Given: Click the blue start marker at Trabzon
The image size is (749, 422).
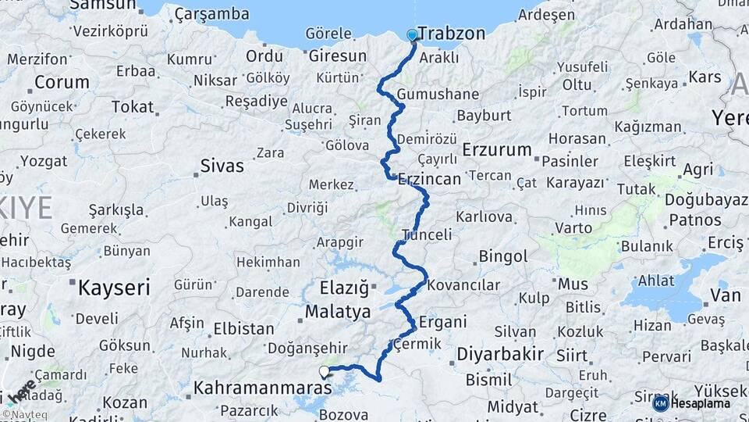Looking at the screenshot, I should [412, 35].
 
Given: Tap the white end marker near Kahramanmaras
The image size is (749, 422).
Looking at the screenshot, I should [324, 371].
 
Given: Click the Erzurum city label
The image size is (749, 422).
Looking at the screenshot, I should [496, 149].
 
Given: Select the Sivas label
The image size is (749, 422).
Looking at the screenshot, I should [222, 166].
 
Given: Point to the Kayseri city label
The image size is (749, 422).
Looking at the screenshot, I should [113, 288].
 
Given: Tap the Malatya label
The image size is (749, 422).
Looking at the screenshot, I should [338, 312].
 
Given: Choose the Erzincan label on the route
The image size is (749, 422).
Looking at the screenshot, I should [429, 179].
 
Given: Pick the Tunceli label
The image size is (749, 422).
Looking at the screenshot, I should [427, 234].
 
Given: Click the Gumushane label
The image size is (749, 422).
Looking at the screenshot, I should [438, 95].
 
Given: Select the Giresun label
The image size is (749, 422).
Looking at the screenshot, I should [337, 56].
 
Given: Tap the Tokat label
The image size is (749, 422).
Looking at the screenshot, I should [132, 106].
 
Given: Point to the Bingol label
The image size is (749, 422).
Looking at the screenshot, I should [503, 256].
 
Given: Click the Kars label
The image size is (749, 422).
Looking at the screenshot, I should [705, 77].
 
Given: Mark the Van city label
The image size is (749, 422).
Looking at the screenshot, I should [726, 295].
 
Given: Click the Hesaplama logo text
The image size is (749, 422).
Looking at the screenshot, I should [701, 403].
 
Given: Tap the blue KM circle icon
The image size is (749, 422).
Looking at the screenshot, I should [660, 403].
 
